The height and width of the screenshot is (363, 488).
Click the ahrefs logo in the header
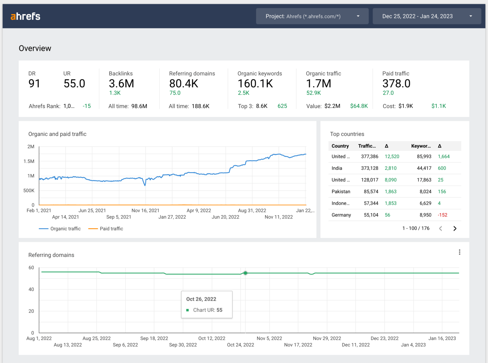tap(25, 16)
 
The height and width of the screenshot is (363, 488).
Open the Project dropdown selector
tap(312, 16)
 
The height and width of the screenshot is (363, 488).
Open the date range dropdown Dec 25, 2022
tap(427, 16)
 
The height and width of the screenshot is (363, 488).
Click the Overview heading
tap(35, 48)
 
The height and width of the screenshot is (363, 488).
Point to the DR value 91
tap(34, 83)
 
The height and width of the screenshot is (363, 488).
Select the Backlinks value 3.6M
tap(121, 83)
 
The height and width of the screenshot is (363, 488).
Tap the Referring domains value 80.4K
tap(184, 83)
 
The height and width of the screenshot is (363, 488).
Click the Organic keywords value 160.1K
tap(255, 83)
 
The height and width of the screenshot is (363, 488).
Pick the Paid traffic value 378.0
tap(396, 83)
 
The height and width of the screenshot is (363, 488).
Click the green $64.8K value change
tap(359, 106)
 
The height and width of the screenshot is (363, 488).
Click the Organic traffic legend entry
tap(60, 229)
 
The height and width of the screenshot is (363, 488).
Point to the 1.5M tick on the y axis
tap(29, 161)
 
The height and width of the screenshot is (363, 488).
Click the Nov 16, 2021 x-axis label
tap(145, 210)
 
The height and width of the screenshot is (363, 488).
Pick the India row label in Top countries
tap(337, 168)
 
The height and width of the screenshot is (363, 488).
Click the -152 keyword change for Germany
tap(442, 215)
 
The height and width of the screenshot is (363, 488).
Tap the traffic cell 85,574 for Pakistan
tap(371, 191)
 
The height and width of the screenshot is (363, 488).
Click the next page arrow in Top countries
tap(455, 228)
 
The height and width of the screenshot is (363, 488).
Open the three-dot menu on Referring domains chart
tap(459, 252)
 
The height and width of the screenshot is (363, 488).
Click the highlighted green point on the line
tap(245, 273)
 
